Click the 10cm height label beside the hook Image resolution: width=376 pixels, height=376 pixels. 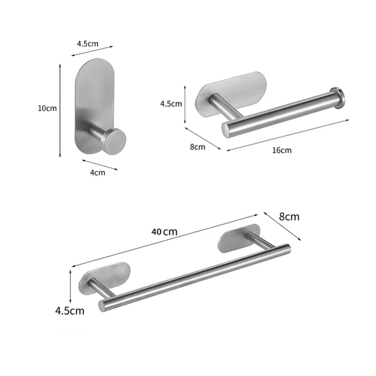[x=47, y=109]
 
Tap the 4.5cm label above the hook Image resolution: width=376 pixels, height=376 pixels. [x=88, y=43]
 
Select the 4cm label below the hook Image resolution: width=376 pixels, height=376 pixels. [x=98, y=172]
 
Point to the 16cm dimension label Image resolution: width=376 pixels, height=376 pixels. [x=282, y=150]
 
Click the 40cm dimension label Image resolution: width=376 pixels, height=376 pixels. [x=164, y=231]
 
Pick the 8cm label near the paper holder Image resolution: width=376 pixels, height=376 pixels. [x=197, y=147]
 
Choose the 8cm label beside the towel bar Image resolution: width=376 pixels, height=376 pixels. [x=288, y=216]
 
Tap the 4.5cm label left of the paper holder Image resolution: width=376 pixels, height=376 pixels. [x=171, y=104]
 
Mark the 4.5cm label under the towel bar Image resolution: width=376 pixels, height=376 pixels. [x=69, y=310]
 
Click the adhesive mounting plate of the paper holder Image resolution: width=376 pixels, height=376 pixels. [x=232, y=90]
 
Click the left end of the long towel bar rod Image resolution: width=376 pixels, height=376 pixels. [x=103, y=303]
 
